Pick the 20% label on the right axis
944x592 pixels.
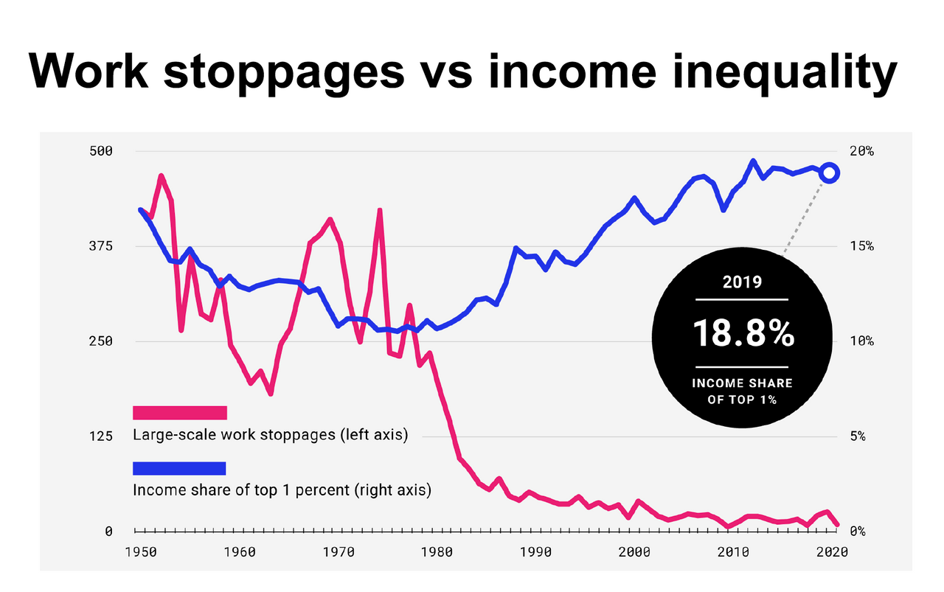pyautogui.click(x=861, y=151)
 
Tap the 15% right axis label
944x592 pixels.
pyautogui.click(x=861, y=246)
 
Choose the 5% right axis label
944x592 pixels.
pyautogui.click(x=857, y=436)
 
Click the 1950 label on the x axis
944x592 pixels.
pyautogui.click(x=138, y=551)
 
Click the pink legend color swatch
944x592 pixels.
pyautogui.click(x=179, y=412)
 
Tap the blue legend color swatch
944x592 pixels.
pyautogui.click(x=179, y=468)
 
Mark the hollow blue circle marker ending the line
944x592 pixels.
pyautogui.click(x=830, y=173)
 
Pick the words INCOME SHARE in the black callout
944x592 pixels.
pyautogui.click(x=742, y=383)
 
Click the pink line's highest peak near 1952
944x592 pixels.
pyautogui.click(x=161, y=176)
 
